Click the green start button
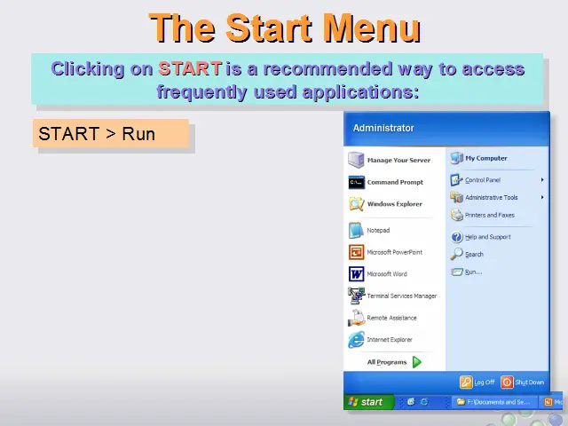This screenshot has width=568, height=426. [368, 402]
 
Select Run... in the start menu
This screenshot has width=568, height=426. [473, 272]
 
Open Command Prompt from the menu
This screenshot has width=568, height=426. [395, 182]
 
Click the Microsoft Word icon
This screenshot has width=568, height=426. [356, 274]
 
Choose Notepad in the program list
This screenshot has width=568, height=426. [378, 231]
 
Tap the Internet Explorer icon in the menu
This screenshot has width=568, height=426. [356, 340]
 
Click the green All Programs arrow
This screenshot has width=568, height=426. [417, 362]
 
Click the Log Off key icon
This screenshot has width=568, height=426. [466, 383]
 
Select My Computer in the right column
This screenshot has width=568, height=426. [485, 158]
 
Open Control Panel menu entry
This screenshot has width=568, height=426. [483, 180]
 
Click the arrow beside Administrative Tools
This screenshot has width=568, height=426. [542, 197]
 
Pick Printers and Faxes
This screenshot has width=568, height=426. [489, 215]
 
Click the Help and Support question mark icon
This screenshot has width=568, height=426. [456, 237]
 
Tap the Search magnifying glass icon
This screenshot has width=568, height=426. [456, 254]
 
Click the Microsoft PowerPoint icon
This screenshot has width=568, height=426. [356, 252]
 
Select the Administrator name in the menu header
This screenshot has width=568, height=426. [383, 128]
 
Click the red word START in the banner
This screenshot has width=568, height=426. [190, 68]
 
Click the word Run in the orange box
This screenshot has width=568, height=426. [138, 134]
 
